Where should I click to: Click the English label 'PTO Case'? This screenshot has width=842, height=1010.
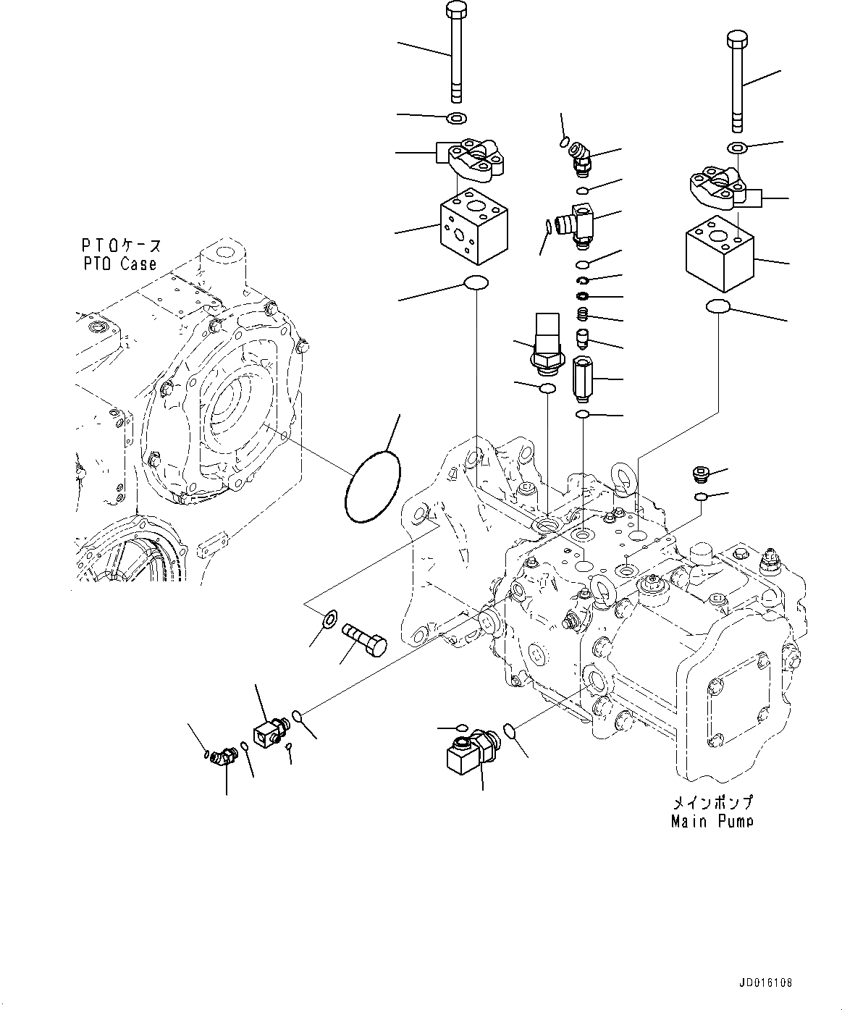point(119,264)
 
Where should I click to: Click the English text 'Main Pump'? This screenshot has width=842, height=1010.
point(711,821)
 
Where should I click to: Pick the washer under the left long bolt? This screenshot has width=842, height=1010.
point(457,117)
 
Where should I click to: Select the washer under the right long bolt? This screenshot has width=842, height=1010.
point(736,148)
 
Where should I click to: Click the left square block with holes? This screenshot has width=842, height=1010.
point(473,227)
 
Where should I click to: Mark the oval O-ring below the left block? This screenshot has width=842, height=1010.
point(475,283)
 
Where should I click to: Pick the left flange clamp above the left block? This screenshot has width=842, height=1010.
point(473,161)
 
